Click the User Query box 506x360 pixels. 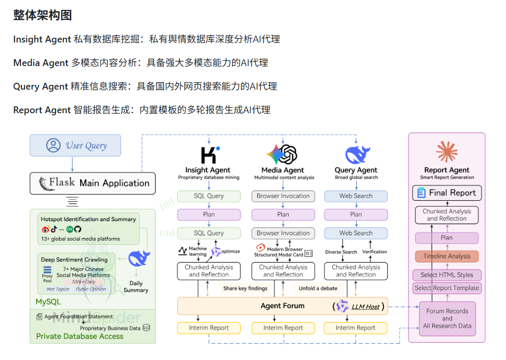[x=75, y=145]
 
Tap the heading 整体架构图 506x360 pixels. [x=42, y=15]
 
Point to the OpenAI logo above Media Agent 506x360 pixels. [x=282, y=155]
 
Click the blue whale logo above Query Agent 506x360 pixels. [x=357, y=155]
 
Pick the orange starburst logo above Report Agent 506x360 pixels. [x=446, y=152]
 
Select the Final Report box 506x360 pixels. [x=447, y=193]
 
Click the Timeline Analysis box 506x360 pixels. [x=447, y=256]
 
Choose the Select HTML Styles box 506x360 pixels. [x=447, y=275]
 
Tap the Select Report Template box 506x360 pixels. [x=447, y=288]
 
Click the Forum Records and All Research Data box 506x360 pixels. [x=447, y=318]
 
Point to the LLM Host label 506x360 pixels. [x=365, y=306]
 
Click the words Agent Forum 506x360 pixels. [x=282, y=306]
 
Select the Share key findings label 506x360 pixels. [x=245, y=288]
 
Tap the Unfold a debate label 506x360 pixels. [x=318, y=288]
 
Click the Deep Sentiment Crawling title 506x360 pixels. [x=74, y=259]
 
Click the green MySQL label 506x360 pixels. [x=48, y=302]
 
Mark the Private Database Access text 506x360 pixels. [x=80, y=336]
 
